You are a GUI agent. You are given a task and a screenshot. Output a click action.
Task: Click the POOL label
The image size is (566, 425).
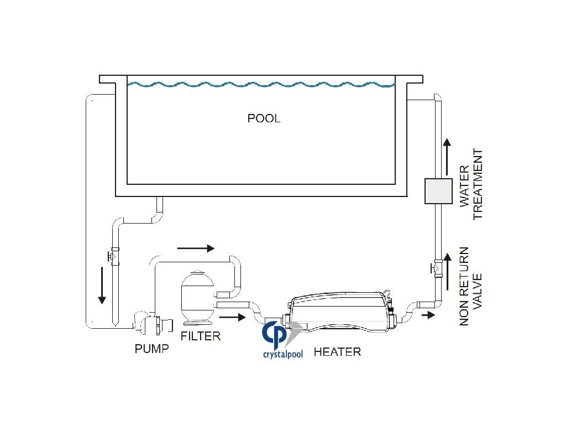click(264, 118)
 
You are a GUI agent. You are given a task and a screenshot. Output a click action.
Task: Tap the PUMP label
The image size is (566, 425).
click(151, 349)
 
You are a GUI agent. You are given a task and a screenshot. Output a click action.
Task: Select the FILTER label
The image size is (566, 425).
click(200, 336)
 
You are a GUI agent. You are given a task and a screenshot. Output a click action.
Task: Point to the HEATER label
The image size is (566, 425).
click(337, 351)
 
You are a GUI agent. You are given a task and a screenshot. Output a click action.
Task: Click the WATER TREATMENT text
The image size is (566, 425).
click(471, 184)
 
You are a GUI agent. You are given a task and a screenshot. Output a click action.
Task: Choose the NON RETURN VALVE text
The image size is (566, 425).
click(471, 286)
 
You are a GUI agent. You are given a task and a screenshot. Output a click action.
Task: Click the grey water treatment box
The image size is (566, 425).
click(438, 191)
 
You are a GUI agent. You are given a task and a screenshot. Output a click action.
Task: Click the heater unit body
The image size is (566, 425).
click(342, 313)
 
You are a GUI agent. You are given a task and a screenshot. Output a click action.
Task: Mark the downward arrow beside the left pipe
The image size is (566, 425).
click(102, 285)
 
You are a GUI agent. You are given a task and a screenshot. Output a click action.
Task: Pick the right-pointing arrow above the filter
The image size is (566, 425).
click(196, 248)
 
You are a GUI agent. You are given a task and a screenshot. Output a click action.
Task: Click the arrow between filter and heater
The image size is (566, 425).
click(232, 317)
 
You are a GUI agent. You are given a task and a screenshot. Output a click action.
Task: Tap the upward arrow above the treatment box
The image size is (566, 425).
click(447, 157)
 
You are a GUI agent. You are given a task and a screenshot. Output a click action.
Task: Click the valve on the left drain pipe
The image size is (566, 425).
click(113, 256)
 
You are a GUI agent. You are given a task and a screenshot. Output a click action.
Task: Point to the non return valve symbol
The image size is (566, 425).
click(437, 268)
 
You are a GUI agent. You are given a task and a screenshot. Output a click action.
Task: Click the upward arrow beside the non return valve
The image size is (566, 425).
click(448, 272)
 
